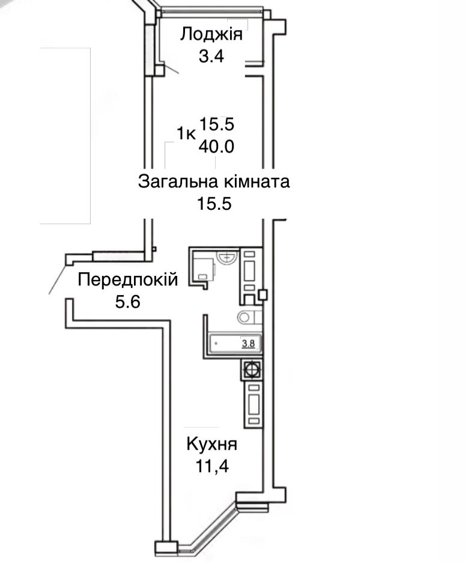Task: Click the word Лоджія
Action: (211, 35)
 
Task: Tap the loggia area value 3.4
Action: (211, 57)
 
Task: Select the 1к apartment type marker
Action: (186, 133)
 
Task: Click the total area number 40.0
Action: (216, 146)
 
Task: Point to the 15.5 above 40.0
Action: (216, 124)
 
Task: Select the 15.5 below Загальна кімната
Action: (214, 204)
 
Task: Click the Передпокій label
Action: (128, 279)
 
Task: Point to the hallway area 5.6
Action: (127, 302)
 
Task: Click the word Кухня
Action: (211, 445)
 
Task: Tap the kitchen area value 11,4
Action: (212, 466)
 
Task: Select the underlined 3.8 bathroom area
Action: (248, 344)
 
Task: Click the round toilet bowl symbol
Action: (245, 317)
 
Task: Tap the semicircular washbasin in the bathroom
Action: (227, 258)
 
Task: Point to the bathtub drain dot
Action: (216, 343)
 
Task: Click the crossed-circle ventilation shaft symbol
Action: (252, 370)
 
